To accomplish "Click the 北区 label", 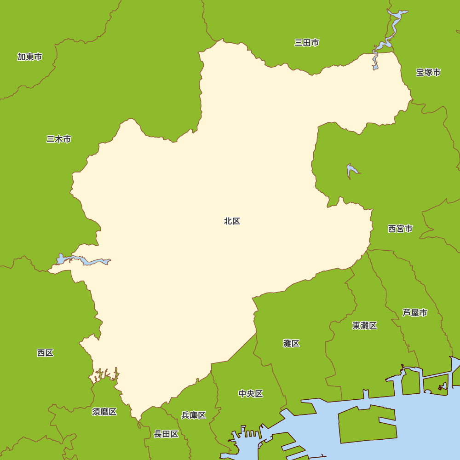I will (232, 221).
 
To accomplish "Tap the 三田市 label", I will (307, 43).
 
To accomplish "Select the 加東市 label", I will (30, 57).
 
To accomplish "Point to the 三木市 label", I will (59, 139).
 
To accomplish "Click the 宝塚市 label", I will (428, 72).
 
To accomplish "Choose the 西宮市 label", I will (400, 229).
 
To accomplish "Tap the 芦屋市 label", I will (415, 313).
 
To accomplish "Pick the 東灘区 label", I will (365, 326).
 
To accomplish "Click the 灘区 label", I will (291, 343).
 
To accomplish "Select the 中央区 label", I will (251, 394).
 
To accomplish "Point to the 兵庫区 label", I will (194, 415).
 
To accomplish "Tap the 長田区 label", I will (166, 434).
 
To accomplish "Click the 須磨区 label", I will (104, 412).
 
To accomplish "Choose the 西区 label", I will (45, 353).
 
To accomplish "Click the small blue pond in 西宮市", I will (351, 171).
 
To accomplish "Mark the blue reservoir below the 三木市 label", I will (83, 260).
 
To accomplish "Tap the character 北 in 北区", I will (228, 221).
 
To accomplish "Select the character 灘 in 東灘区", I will (365, 326).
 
